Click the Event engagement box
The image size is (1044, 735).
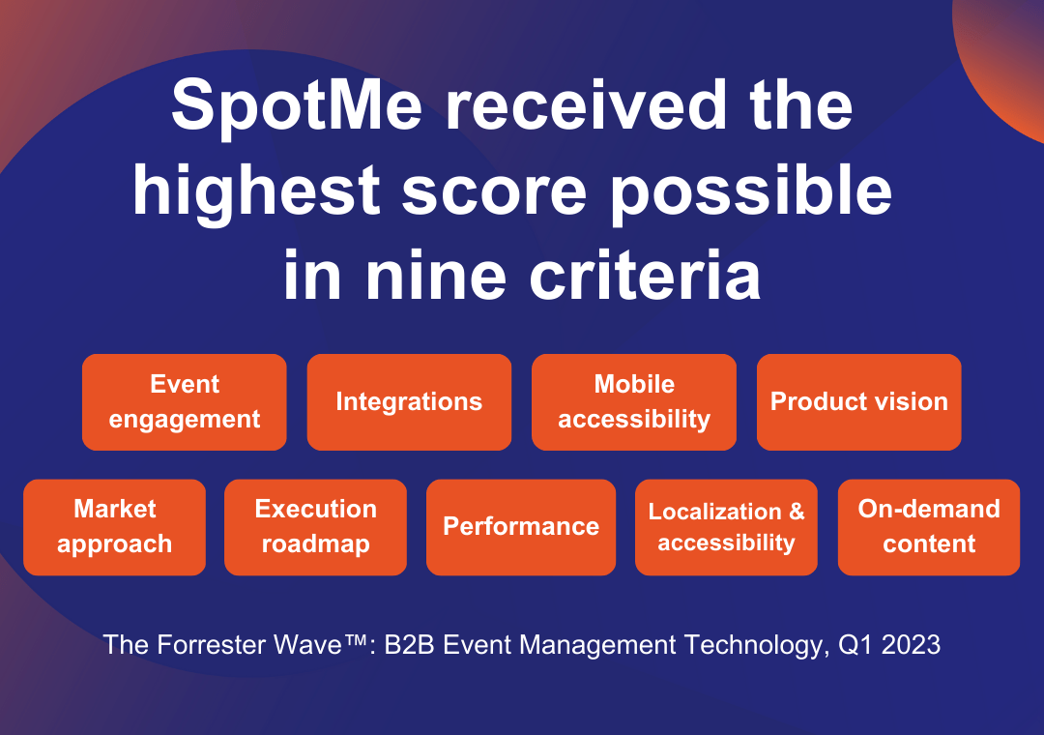(x=185, y=401)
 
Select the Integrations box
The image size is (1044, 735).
(x=409, y=401)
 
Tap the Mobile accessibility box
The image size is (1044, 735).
(x=634, y=401)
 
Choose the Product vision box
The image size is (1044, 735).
(x=859, y=401)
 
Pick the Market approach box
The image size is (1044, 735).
(x=114, y=527)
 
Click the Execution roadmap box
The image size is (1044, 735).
(x=315, y=527)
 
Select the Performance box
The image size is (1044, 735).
(x=521, y=527)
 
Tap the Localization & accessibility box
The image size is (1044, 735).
(x=726, y=527)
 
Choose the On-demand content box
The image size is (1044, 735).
(x=929, y=527)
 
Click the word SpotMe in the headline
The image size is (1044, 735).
(x=297, y=106)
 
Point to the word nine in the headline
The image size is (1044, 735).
(x=436, y=276)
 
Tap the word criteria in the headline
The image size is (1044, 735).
(x=645, y=276)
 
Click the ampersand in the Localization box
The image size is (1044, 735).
(x=797, y=511)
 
